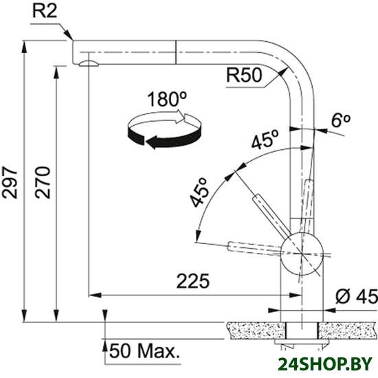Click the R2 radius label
point(45,11)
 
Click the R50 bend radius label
point(244,75)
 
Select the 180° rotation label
point(167,99)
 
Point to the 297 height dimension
point(10,182)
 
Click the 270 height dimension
point(43,182)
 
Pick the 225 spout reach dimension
point(193,281)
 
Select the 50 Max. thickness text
point(144,351)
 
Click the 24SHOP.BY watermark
point(325,364)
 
